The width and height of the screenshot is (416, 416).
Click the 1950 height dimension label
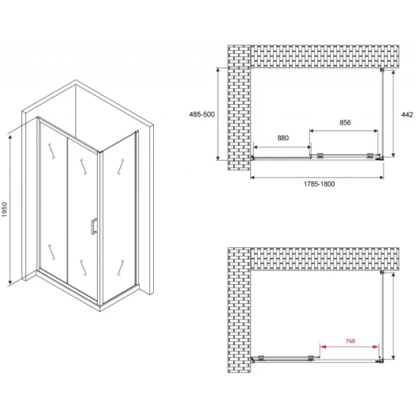5,209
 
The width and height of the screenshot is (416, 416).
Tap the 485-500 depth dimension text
202,114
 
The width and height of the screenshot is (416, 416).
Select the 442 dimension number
407,114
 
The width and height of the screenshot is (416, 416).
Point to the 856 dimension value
345,123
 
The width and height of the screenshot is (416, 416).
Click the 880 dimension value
283,138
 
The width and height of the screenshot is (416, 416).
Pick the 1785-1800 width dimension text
319,184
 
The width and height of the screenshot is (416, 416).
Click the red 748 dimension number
350,341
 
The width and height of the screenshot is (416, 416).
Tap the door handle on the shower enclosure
94,226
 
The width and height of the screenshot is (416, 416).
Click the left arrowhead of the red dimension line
323,347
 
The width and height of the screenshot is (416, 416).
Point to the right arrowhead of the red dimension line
376,347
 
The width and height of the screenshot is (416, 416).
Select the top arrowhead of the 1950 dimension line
10,137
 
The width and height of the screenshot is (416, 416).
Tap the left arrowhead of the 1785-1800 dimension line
253,177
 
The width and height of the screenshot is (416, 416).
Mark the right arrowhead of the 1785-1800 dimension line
381,177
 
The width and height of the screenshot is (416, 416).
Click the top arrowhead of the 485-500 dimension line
218,70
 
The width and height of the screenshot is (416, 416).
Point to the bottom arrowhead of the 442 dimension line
393,154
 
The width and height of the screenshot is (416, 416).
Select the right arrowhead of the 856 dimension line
375,131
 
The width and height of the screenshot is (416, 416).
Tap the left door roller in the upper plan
320,155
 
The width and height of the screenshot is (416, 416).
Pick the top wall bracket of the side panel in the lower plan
382,272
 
